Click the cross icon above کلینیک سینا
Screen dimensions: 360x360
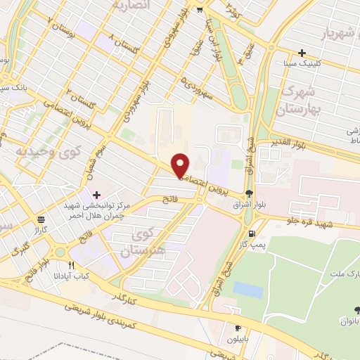[x=302, y=53]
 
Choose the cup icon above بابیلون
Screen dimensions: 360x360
[x=238, y=328]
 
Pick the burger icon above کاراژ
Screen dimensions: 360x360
[x=41, y=219]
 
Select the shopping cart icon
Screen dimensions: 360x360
[x=200, y=10]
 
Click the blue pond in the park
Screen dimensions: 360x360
[x=247, y=290]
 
